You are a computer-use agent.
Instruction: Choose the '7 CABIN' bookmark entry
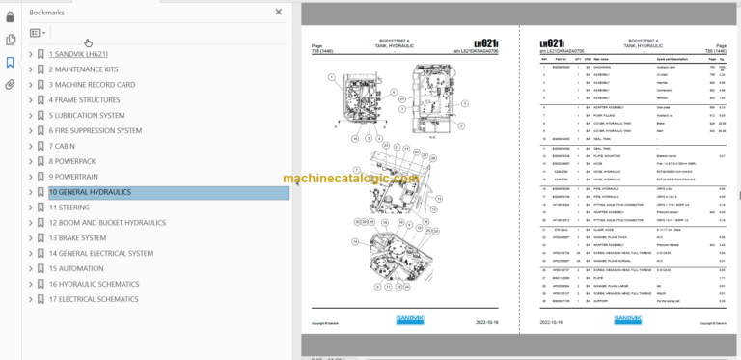point(66,146)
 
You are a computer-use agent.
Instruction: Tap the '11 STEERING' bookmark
point(69,208)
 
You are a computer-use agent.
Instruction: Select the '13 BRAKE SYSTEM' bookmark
point(77,238)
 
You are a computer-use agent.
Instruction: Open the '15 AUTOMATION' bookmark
point(75,268)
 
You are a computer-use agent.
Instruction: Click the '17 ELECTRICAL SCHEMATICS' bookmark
point(94,299)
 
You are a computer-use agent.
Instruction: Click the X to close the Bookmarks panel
point(279,12)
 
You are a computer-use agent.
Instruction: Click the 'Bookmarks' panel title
point(47,13)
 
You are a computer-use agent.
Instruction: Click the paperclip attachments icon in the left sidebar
point(11,85)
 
